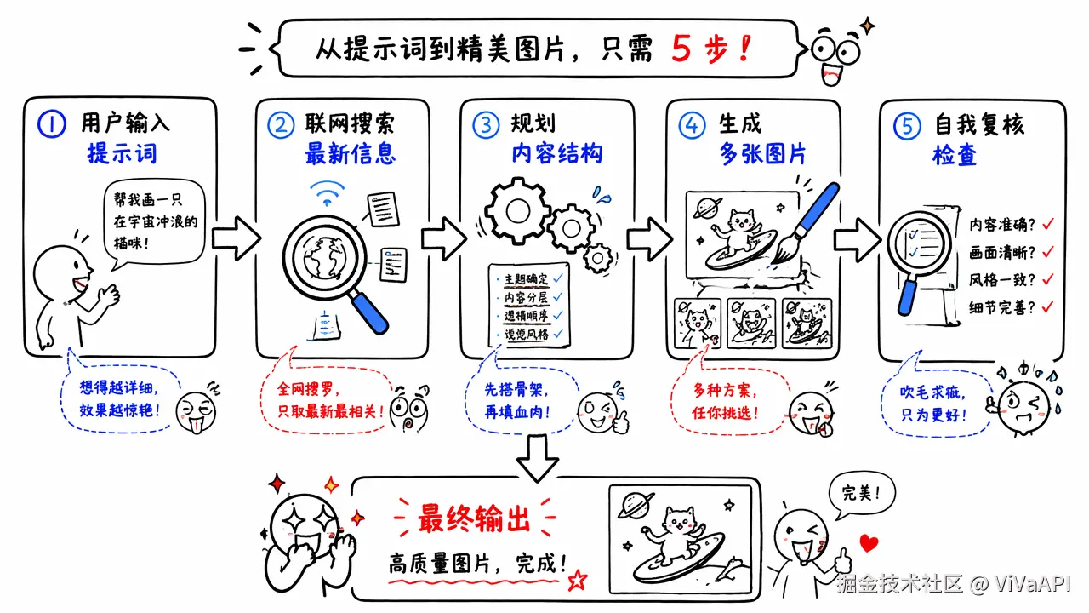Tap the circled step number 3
[486, 126]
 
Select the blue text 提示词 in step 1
[123, 154]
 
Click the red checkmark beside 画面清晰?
[1047, 251]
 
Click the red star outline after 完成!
[578, 580]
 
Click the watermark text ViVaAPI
[1034, 585]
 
